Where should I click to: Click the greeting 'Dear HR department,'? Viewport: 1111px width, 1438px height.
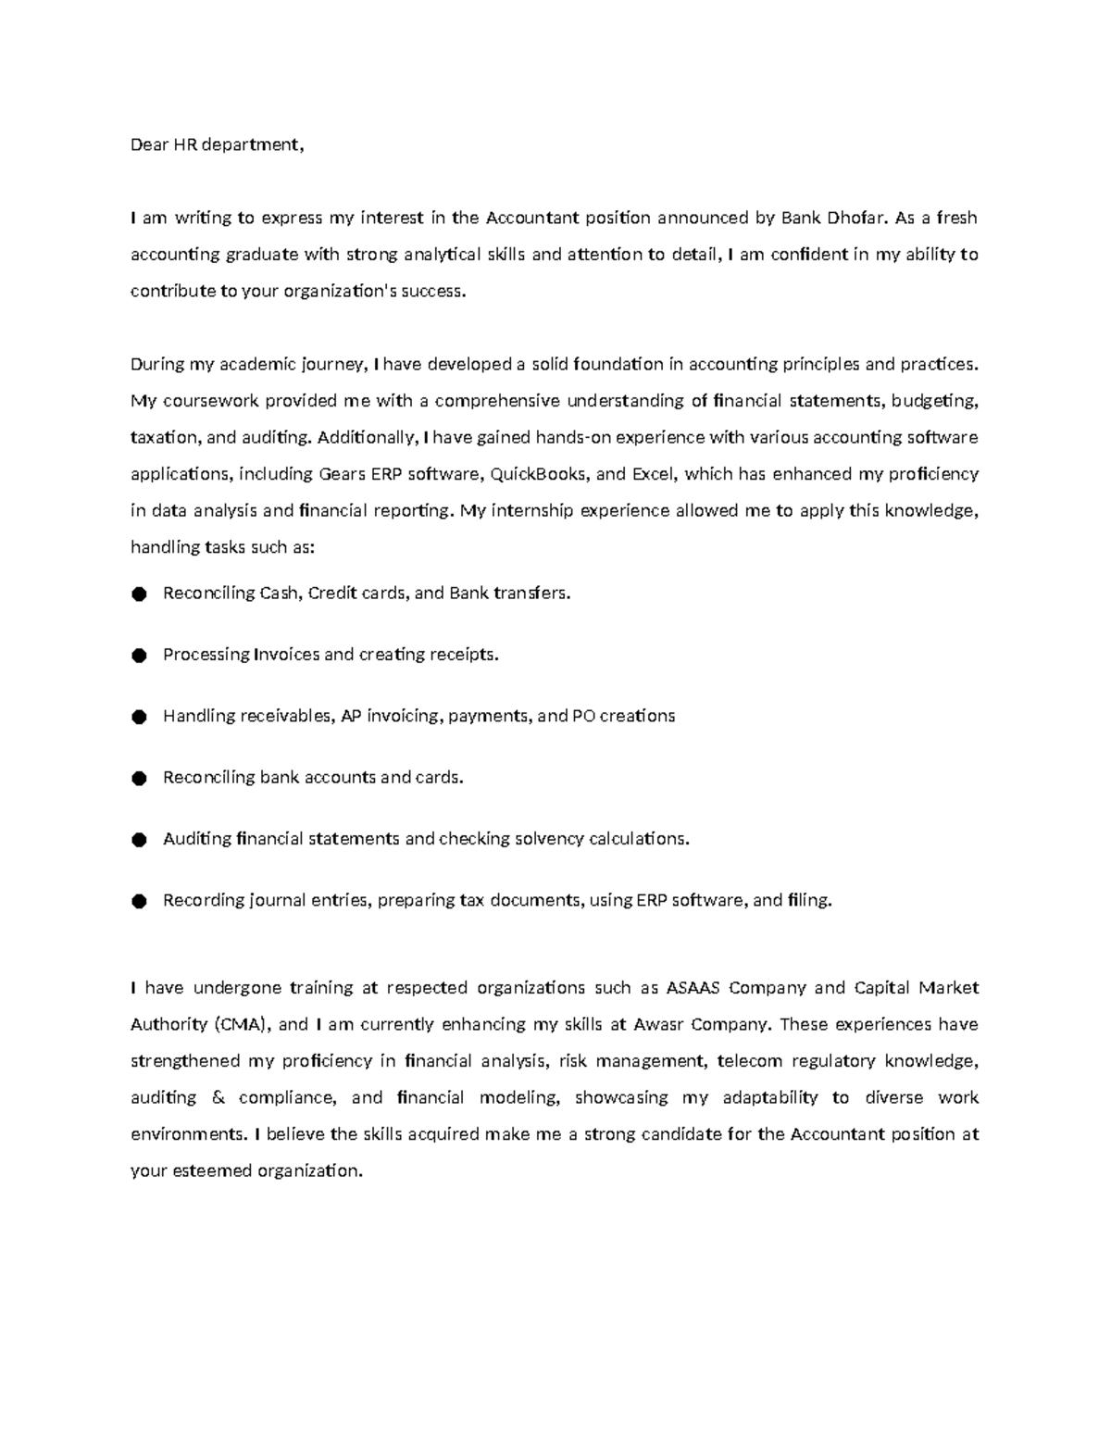click(217, 144)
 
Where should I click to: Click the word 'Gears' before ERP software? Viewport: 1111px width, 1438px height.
click(342, 474)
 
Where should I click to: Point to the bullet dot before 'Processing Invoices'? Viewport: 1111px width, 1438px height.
click(139, 656)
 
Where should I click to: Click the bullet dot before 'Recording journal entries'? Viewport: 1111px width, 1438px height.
click(139, 901)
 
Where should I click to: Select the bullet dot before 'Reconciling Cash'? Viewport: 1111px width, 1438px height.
click(139, 594)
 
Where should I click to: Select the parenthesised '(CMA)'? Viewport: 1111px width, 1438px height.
click(243, 1025)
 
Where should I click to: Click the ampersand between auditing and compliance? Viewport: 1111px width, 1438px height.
click(218, 1098)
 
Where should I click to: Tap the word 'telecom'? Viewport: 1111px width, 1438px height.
click(750, 1061)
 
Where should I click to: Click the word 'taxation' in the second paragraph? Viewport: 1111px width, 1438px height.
click(164, 437)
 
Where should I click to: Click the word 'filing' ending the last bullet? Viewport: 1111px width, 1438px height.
click(808, 900)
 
